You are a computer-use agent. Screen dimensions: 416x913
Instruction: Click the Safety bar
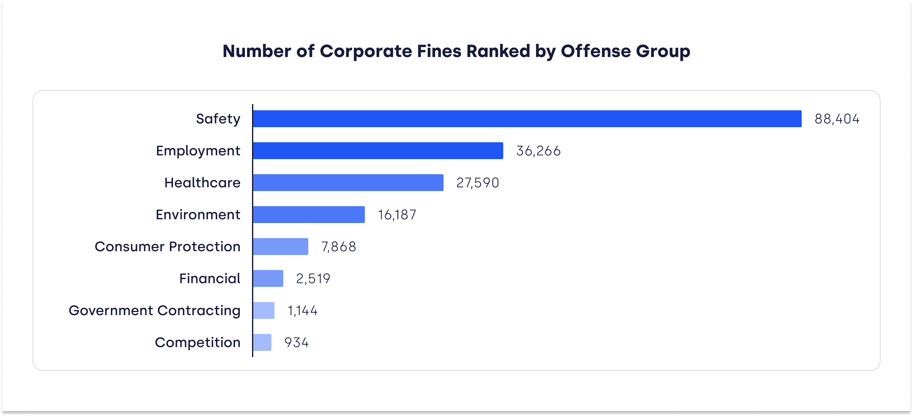[x=527, y=118]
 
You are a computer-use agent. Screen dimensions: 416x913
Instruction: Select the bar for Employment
[x=378, y=150]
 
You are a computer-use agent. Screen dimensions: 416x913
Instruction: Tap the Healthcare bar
[x=348, y=182]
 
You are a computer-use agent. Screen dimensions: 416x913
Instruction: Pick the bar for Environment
[x=309, y=214]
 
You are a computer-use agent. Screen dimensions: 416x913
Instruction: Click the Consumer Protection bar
[x=280, y=246]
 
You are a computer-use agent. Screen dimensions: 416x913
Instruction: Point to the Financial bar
[x=268, y=278]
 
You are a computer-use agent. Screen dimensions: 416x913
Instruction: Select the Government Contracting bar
[x=264, y=310]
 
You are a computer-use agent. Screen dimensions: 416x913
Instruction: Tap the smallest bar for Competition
[x=262, y=342]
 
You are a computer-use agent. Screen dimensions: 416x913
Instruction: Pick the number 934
[x=297, y=342]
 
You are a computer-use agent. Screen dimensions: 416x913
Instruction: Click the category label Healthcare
[x=202, y=182]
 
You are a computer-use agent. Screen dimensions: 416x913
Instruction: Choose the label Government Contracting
[x=154, y=310]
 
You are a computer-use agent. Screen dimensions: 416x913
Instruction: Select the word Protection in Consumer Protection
[x=204, y=246]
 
